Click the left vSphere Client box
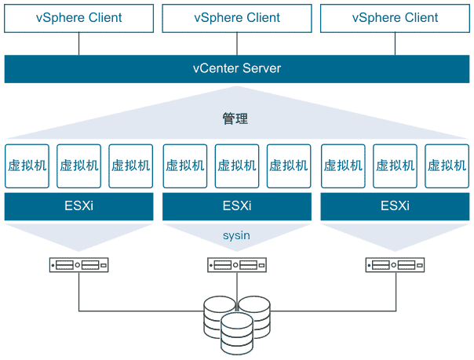(78, 17)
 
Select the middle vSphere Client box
(236, 17)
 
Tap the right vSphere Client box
(395, 17)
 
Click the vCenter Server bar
(236, 68)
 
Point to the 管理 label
(235, 119)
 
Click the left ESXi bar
(78, 207)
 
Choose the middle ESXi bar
(236, 207)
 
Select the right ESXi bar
(395, 207)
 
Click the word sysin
(236, 235)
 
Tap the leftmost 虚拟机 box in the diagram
(27, 165)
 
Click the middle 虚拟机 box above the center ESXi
(236, 165)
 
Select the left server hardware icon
(78, 265)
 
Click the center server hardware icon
(236, 265)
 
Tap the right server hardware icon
(395, 265)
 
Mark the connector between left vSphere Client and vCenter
(78, 44)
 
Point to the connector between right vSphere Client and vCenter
(395, 44)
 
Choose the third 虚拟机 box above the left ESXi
(130, 165)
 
